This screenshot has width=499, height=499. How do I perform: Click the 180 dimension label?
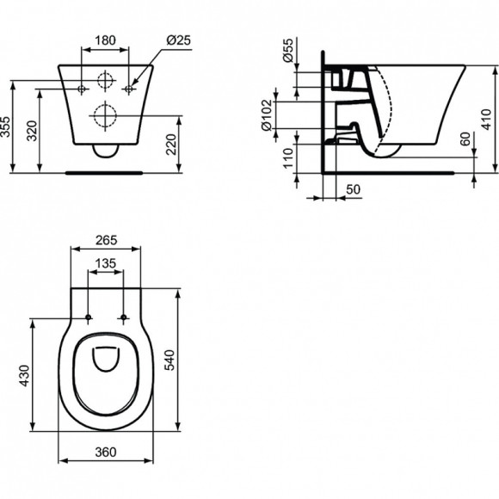105,40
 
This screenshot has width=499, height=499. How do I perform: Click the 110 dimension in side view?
288,157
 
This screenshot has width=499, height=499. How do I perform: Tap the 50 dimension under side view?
352,188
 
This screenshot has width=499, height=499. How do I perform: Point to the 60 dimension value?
465,139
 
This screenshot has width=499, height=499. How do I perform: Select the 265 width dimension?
105,238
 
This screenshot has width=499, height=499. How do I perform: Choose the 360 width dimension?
105,452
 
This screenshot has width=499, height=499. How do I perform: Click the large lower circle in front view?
105,114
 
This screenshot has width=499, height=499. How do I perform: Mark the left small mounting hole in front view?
83,88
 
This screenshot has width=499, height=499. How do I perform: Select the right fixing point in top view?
125,319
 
